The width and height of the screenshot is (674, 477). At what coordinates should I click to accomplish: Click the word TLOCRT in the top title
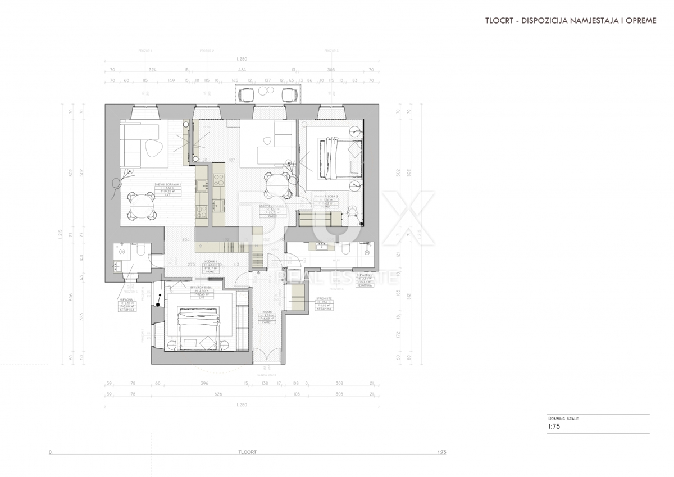tap(500, 20)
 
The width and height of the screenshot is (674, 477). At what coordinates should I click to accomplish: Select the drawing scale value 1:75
tap(554, 426)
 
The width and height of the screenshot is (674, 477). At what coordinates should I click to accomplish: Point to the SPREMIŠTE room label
tap(324, 298)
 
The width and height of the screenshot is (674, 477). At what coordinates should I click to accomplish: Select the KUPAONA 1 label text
tap(126, 301)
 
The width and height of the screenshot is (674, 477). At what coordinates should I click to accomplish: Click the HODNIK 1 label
tap(211, 262)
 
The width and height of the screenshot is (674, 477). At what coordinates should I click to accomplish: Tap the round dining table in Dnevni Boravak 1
tap(141, 207)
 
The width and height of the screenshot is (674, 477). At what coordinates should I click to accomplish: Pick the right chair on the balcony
tap(289, 95)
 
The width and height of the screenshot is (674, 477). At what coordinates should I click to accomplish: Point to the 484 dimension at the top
tap(242, 70)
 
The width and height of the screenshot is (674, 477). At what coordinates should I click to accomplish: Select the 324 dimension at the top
tap(152, 70)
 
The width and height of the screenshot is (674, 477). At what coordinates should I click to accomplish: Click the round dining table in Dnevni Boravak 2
tap(277, 185)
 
